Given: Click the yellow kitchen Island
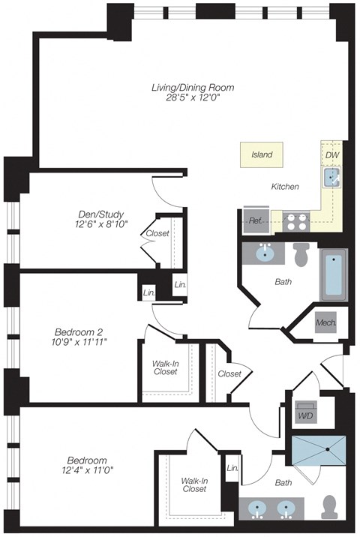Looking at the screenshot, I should pos(262,155).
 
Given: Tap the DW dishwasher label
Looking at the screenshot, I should pos(332,154).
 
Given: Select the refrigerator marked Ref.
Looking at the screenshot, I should pos(255,221).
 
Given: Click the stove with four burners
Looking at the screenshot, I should pos(296,221).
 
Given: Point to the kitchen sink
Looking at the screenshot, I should pos(331,177).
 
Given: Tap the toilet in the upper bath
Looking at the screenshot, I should pos(302,255).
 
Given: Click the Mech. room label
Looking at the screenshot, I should pos(325,322).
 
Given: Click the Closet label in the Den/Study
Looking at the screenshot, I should pos(157,233).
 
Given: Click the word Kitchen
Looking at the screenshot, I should pos(284,187).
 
